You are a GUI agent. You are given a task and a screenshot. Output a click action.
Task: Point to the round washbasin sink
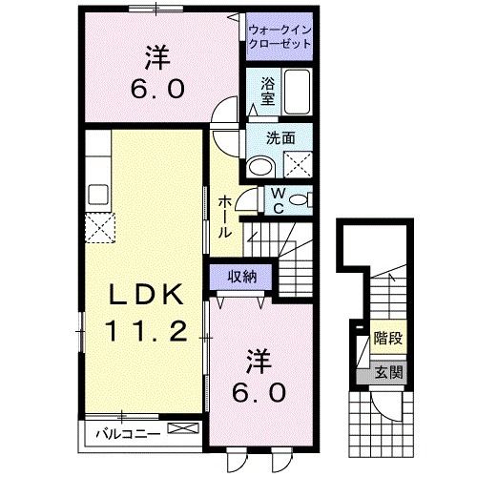tap(259, 166)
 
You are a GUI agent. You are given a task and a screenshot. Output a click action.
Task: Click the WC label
tap(277, 201)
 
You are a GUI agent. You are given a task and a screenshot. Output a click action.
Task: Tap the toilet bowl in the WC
tap(300, 201)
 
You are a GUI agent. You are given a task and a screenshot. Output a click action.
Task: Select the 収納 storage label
tap(242, 277)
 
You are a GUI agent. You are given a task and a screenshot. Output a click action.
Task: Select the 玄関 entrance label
tap(388, 372)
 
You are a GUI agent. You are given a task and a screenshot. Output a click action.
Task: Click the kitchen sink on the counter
tap(98, 193)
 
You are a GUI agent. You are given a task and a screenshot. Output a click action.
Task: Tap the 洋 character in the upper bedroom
tap(157, 57)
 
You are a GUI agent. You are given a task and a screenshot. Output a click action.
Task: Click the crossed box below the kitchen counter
tap(98, 228)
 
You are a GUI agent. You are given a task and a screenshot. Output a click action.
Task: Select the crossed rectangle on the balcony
tap(186, 433)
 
